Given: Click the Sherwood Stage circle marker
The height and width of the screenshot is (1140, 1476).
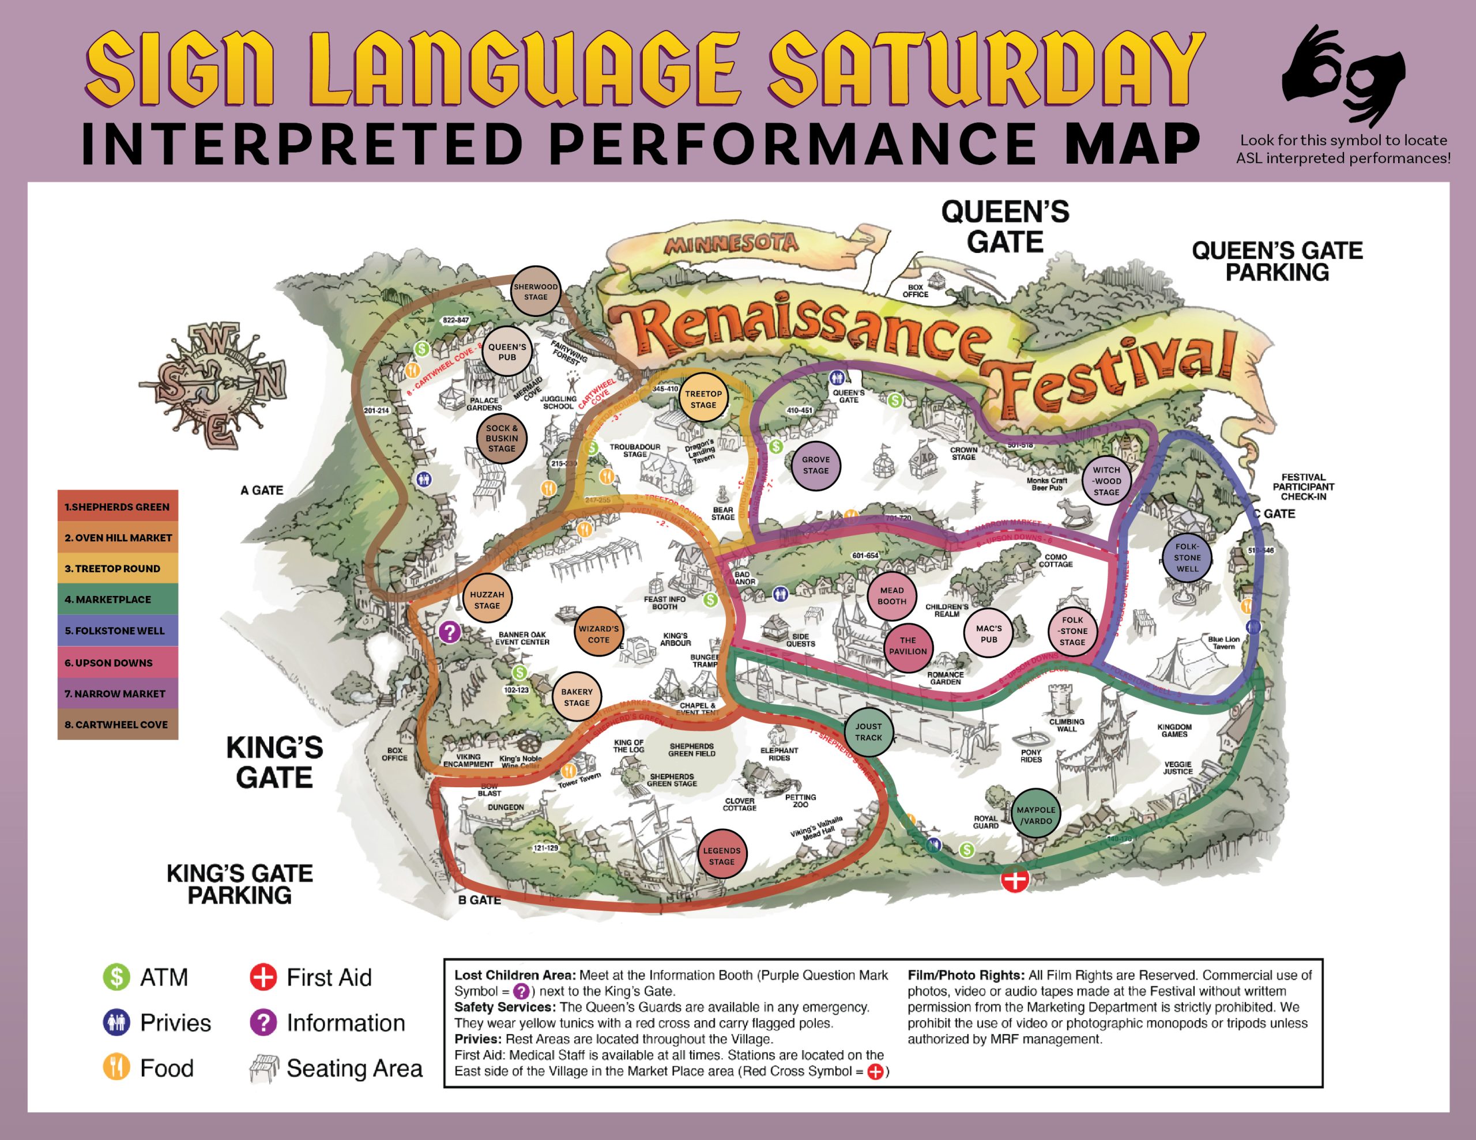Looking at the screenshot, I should click(x=535, y=291).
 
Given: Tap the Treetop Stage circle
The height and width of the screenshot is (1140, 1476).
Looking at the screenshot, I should click(x=703, y=399).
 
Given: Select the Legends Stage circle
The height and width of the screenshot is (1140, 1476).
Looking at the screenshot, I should click(x=722, y=855).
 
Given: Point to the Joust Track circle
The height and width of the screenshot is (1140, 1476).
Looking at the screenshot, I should click(x=868, y=731).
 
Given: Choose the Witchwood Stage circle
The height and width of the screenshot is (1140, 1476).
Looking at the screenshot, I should click(x=1106, y=481).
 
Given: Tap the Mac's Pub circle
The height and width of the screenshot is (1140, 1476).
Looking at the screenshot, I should click(x=989, y=633).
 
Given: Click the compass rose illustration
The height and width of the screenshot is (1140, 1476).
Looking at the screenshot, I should click(x=213, y=385).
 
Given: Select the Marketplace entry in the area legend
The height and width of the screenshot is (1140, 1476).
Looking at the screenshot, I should click(x=118, y=599).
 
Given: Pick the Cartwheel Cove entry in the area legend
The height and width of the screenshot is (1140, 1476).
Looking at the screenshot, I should click(x=118, y=724).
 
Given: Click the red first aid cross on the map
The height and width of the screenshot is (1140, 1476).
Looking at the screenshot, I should click(x=1014, y=880).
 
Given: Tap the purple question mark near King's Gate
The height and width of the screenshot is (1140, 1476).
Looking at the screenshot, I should click(x=449, y=632).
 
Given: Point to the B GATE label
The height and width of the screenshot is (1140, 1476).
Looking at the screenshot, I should click(x=479, y=900).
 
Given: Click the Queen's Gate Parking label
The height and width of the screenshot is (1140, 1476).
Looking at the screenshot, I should click(x=1277, y=261).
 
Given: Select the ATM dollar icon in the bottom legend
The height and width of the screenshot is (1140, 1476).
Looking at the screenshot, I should click(x=116, y=977).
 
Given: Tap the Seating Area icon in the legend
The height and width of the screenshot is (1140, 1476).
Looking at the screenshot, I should click(x=263, y=1069).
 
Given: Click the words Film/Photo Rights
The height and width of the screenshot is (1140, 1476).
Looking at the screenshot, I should click(x=965, y=975).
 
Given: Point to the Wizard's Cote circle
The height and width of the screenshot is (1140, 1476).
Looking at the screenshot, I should click(x=598, y=634).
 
